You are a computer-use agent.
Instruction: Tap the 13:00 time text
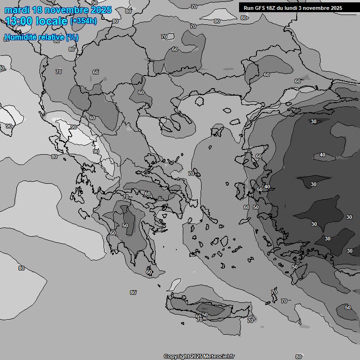19,21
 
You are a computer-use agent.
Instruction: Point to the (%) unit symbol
72,37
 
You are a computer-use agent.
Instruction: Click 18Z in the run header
272,8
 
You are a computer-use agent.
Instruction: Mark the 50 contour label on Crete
205,315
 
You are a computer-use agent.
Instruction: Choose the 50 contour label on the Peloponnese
125,225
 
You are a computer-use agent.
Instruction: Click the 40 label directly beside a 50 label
267,187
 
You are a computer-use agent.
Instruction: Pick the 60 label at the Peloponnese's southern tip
149,272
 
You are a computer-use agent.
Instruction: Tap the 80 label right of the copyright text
299,357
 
